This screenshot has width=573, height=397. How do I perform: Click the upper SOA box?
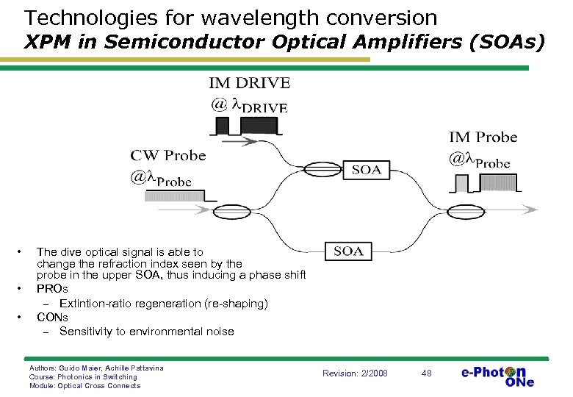point(366,171)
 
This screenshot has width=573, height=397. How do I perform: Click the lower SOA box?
point(348,251)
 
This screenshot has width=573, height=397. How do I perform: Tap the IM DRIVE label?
point(250,83)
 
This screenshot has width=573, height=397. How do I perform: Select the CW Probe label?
point(168,155)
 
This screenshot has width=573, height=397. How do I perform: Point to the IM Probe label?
point(483,137)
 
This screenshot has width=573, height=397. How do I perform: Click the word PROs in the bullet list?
point(52,289)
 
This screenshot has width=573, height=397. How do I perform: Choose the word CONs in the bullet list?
point(53,317)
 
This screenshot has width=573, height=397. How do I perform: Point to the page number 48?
point(427,373)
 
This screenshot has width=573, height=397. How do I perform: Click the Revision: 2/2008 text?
point(355,373)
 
